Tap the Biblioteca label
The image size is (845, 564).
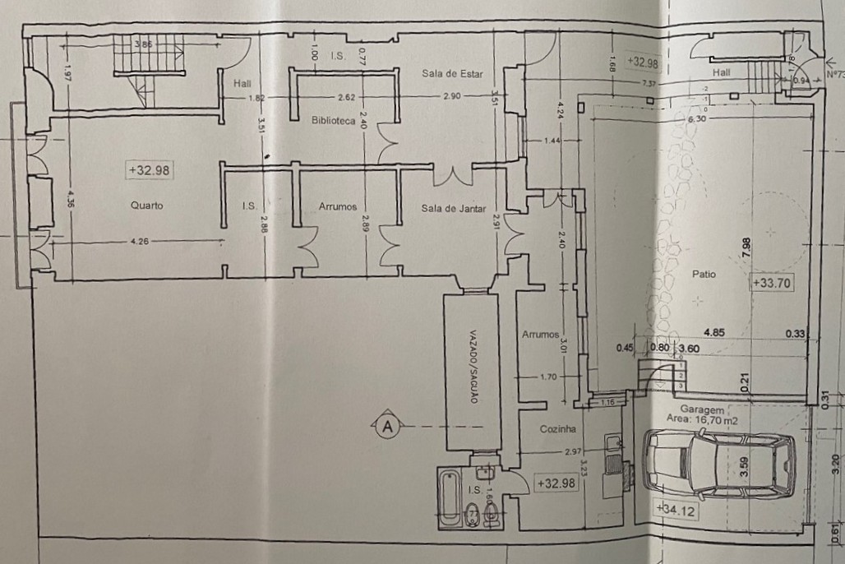[333, 121]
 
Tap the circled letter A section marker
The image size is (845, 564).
[387, 425]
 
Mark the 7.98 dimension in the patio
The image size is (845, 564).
[746, 248]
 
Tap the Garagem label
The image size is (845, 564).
[702, 409]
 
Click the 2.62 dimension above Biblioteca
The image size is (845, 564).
[346, 97]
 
